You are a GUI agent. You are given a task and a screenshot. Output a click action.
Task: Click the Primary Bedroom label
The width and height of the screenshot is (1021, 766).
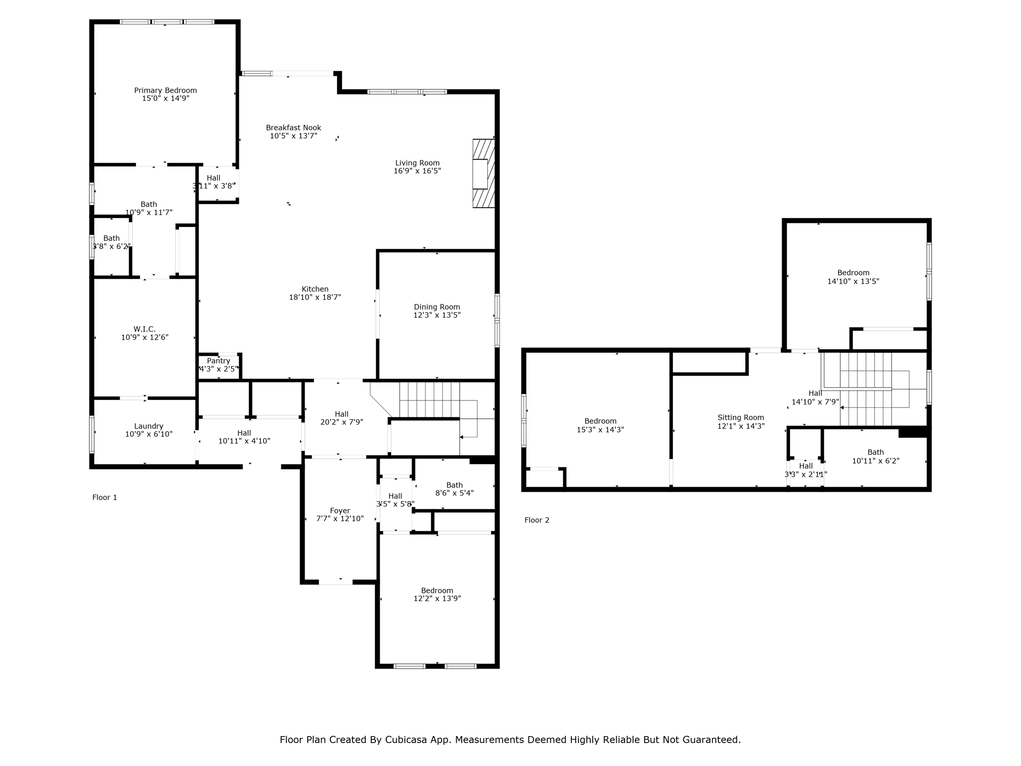tap(166, 90)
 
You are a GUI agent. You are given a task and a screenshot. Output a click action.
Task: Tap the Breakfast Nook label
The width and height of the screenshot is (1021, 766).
tap(294, 128)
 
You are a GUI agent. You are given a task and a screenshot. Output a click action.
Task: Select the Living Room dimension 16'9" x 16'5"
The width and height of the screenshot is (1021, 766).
tap(417, 171)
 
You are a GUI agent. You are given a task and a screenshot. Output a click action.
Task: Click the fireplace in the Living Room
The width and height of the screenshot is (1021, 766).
tap(484, 173)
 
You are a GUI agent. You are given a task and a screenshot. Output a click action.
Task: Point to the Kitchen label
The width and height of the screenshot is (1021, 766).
tap(315, 289)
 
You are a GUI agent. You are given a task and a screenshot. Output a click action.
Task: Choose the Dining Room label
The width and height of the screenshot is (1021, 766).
tap(437, 307)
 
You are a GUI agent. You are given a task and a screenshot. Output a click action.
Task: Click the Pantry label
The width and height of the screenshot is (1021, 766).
tap(218, 361)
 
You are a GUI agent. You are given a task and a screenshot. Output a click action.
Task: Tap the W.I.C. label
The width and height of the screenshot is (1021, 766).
tap(145, 329)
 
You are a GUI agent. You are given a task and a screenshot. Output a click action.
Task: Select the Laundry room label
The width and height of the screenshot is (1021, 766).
tap(149, 426)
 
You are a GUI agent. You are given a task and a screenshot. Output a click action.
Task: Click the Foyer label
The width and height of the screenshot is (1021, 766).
tap(340, 511)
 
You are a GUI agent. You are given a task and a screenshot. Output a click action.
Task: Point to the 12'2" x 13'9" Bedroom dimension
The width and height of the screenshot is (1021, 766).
tap(437, 599)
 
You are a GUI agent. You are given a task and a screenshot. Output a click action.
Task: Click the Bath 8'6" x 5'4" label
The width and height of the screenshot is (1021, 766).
tap(455, 489)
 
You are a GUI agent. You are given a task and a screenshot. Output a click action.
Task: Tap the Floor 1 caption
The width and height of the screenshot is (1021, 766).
tap(105, 498)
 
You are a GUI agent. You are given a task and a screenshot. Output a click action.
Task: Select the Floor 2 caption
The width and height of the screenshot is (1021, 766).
tap(537, 520)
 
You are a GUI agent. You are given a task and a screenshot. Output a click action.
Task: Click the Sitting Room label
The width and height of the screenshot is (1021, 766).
tap(741, 418)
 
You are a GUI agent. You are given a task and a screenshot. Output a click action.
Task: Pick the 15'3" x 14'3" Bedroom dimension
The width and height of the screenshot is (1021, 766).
tap(601, 430)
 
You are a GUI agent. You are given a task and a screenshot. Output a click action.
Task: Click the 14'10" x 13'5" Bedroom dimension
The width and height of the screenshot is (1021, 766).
tap(853, 281)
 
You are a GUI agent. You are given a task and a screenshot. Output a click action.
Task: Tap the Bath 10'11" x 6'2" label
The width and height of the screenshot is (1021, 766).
tap(876, 457)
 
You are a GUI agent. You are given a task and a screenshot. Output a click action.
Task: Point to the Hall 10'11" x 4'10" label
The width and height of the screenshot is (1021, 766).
tap(244, 437)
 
